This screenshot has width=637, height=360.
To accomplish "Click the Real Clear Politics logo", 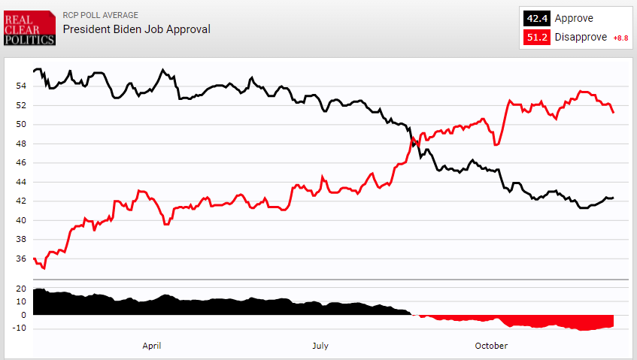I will click(29, 29).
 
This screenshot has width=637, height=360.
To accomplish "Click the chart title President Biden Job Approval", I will click(136, 29).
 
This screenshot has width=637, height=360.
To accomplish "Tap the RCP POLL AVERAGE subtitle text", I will click(100, 15).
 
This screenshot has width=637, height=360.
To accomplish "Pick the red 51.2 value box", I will click(537, 38).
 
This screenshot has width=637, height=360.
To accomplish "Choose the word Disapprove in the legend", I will click(581, 38).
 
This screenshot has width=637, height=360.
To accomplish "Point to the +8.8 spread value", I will click(620, 38).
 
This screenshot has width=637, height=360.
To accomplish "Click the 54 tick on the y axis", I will click(20, 86).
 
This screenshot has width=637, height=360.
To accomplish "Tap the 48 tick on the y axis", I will click(20, 144).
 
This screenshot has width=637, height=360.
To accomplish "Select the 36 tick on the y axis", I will click(20, 259).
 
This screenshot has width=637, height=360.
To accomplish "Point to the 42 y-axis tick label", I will click(20, 201).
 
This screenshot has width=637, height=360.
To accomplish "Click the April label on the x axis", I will click(152, 346).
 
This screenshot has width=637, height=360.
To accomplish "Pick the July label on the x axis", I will click(320, 346).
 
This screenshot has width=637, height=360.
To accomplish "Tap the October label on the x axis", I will click(491, 346).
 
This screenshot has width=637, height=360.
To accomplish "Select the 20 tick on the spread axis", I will click(20, 289).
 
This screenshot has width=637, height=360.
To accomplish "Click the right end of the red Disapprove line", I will click(614, 113).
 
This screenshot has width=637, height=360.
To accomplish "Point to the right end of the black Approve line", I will click(614, 198).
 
